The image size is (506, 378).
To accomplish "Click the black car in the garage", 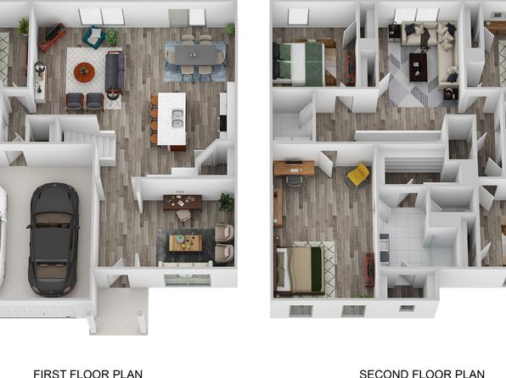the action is coord(53,240).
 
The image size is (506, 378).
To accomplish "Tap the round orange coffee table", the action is coord(84,72).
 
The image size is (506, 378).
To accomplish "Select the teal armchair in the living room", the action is coord(94,36).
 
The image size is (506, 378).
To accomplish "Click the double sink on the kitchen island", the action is coord(177,119).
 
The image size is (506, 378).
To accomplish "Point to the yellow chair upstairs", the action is coord(358,175).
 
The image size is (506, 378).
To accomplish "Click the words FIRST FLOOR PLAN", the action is coord(87,374).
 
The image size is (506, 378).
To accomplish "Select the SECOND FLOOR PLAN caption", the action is coord(422,374).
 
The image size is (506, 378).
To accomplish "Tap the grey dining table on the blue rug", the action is coord(195,54).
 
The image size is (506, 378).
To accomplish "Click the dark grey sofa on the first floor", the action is coord(115,71).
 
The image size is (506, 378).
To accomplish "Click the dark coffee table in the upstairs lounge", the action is coord(418,67).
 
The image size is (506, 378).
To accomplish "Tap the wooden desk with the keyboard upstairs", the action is coord(294,168).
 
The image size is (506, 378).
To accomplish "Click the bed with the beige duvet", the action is coord(300,270).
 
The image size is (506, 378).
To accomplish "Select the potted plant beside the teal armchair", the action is coord(112,37).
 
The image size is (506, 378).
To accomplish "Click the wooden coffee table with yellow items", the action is coord(186,242).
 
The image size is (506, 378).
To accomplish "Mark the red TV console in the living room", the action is coord(52,36).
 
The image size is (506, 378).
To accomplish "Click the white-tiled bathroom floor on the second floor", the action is coord(404,236).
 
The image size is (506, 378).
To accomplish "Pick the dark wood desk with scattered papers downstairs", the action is coord(183,202).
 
